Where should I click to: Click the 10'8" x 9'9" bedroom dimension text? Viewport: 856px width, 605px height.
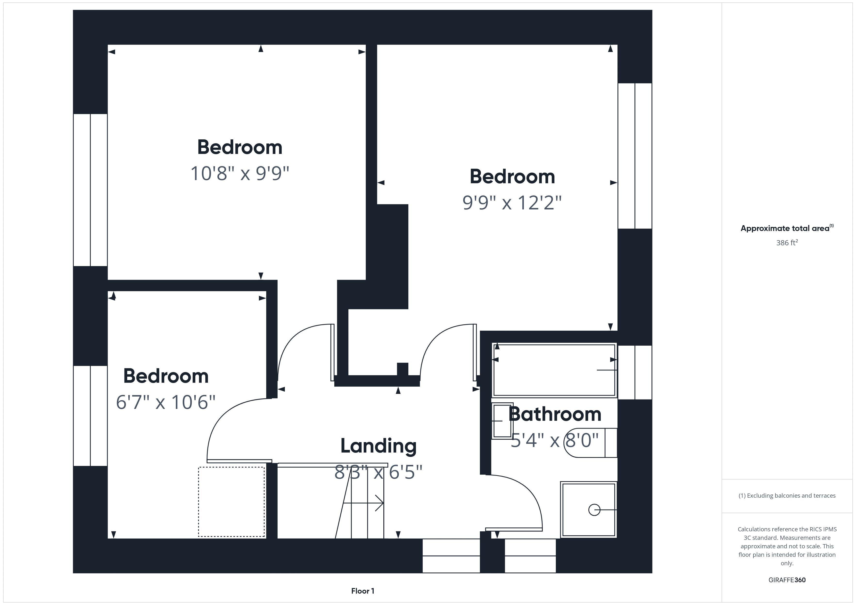click(240, 174)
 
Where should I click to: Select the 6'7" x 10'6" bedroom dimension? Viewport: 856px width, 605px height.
click(165, 402)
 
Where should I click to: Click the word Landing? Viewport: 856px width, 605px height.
click(379, 446)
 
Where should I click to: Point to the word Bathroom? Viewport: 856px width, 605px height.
click(555, 414)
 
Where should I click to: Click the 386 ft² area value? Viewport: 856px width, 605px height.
click(787, 243)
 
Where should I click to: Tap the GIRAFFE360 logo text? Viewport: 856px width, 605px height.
click(787, 580)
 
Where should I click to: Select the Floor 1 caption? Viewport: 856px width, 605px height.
click(362, 591)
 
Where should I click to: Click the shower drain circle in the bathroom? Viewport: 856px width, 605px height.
click(594, 510)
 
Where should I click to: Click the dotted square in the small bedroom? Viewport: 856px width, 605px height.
click(231, 502)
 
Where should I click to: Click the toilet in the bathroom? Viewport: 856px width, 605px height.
click(591, 443)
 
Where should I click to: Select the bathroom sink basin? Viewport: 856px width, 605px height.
click(502, 421)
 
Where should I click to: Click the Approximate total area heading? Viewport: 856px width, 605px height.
click(787, 228)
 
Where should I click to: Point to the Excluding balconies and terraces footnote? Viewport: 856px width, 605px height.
click(787, 495)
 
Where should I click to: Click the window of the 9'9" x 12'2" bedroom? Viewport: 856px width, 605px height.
click(634, 156)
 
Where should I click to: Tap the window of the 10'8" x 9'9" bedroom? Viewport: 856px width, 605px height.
click(90, 190)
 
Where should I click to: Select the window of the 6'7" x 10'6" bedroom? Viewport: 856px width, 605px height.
click(90, 416)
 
